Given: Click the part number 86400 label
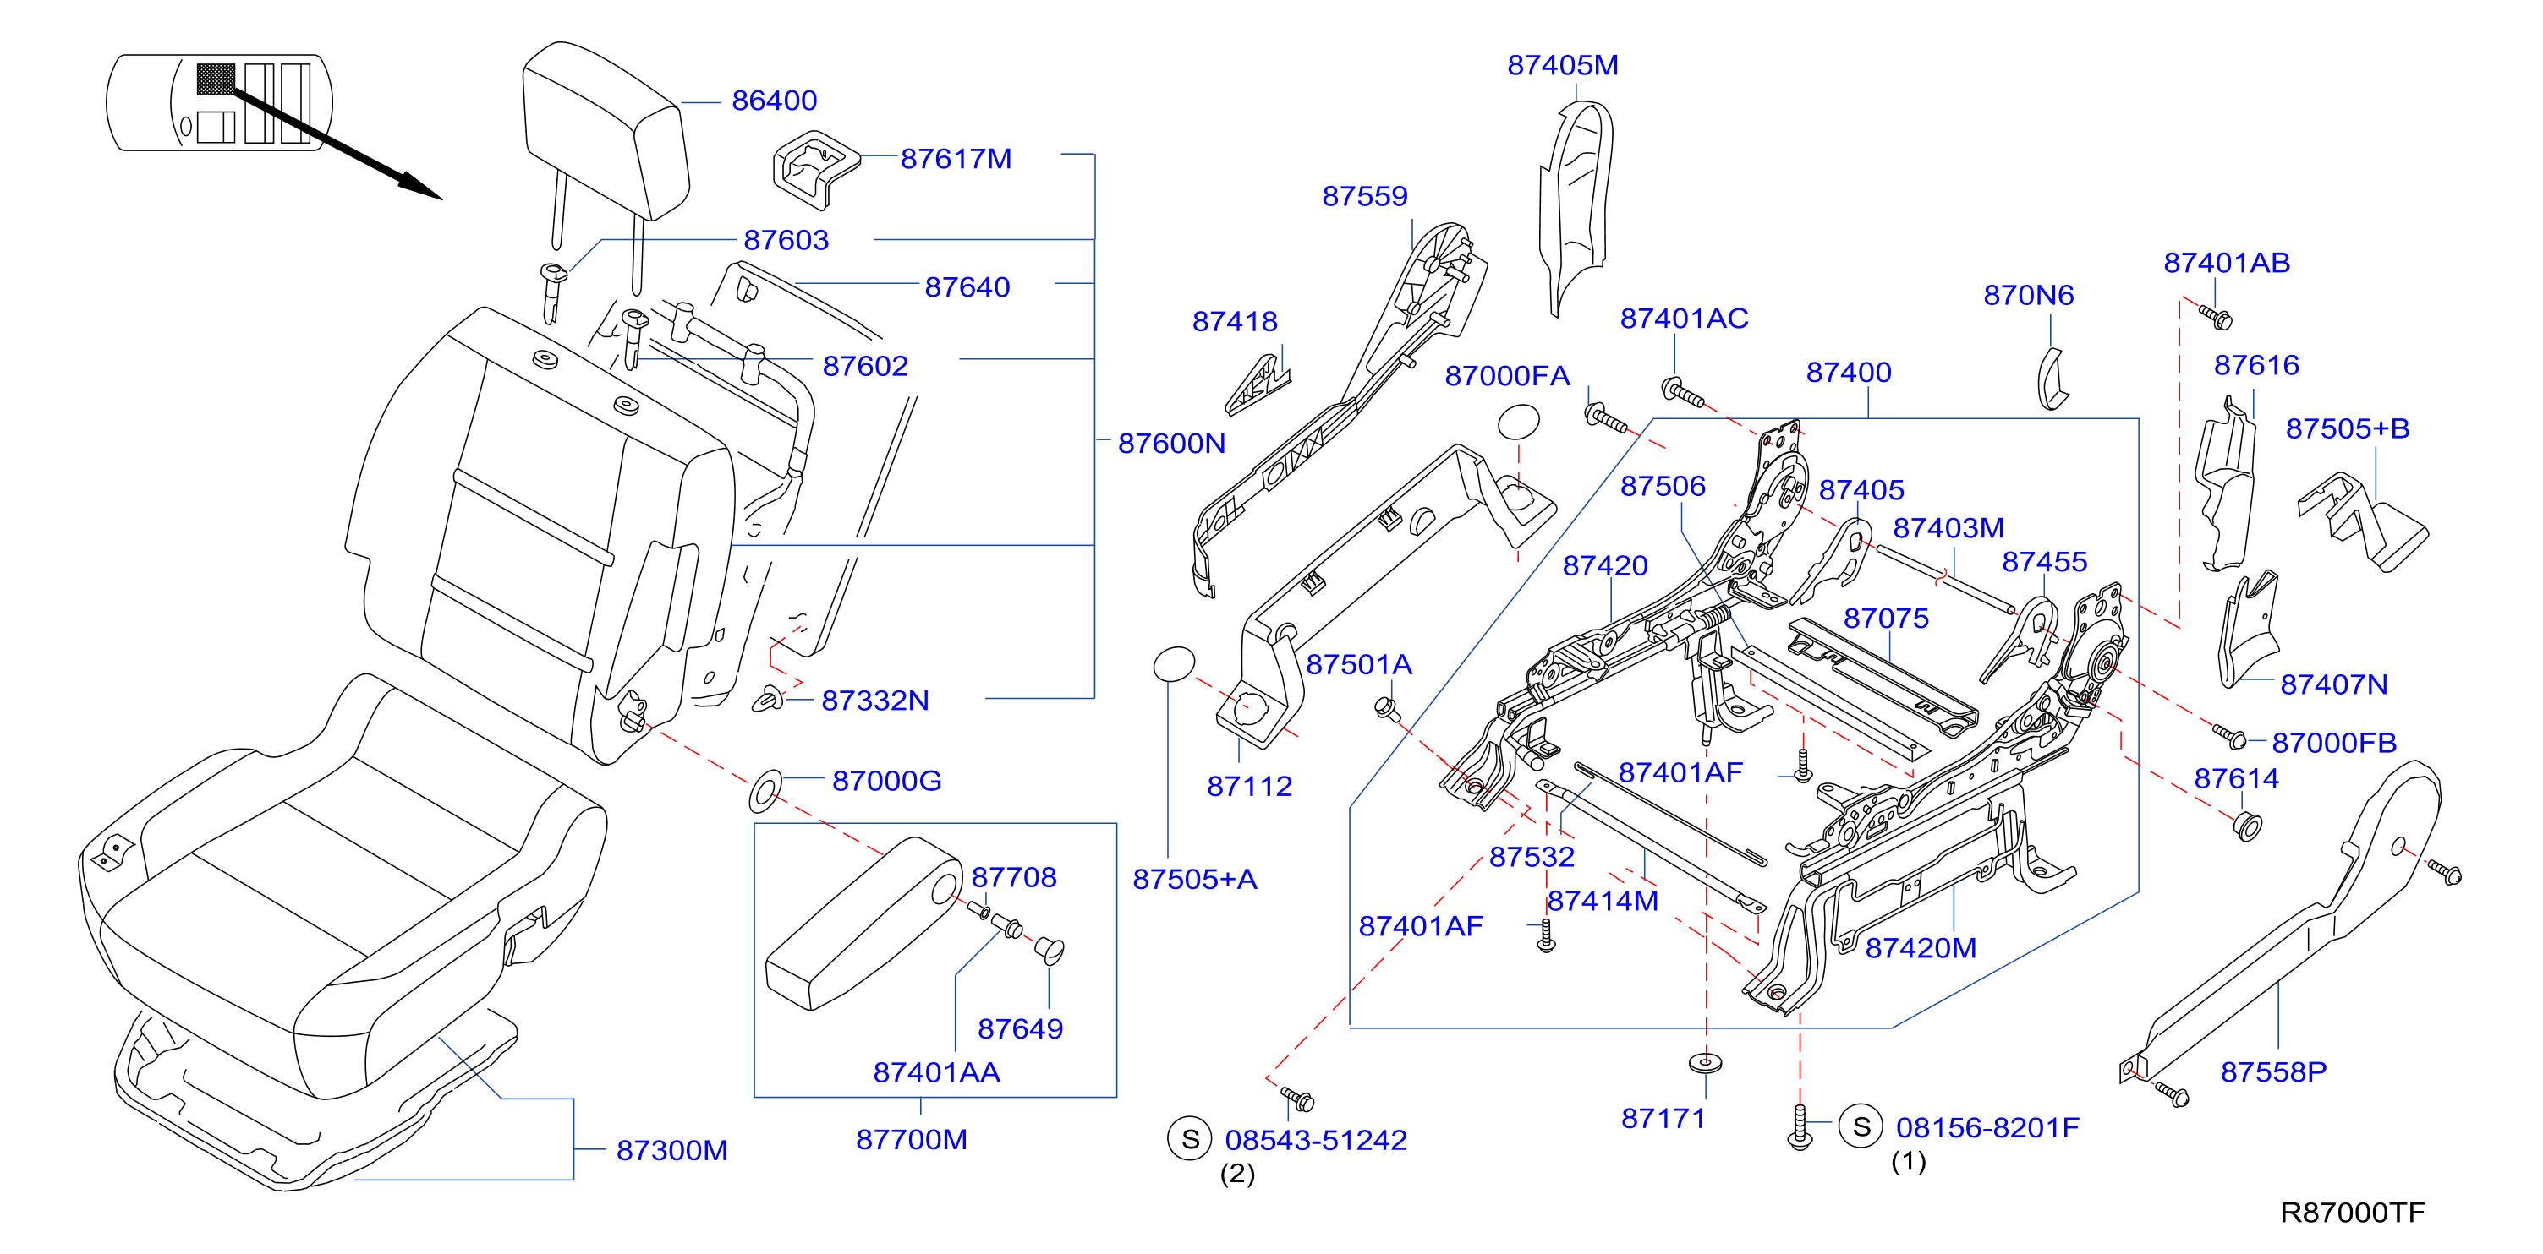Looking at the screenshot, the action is (x=774, y=101).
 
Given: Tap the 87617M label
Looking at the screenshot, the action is (x=956, y=159).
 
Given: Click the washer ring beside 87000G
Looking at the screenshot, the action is (x=766, y=791).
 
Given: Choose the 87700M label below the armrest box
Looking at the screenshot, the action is (x=911, y=1140).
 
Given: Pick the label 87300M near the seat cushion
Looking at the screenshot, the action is (x=671, y=1150).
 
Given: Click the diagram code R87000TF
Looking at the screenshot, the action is (x=2352, y=1213).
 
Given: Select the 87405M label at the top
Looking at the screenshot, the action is (x=1563, y=65).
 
